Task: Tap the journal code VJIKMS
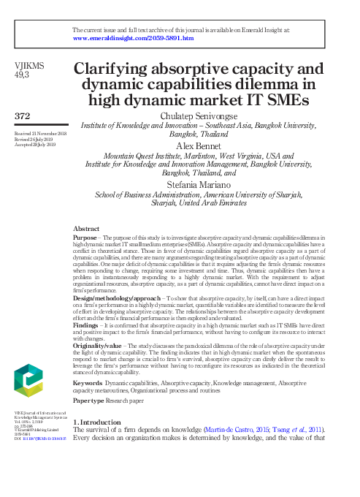pyautogui.click(x=30, y=65)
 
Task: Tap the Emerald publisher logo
pyautogui.click(x=28, y=383)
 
